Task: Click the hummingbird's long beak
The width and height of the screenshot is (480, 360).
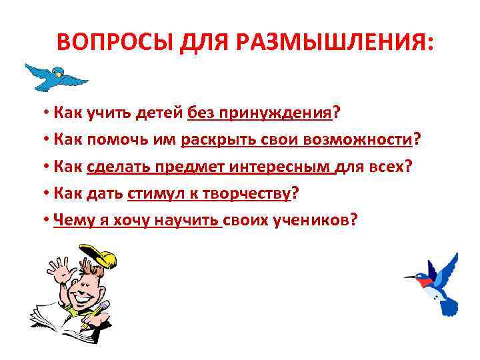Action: pos(411,276)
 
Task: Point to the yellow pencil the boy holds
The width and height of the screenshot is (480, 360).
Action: pos(103,309)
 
